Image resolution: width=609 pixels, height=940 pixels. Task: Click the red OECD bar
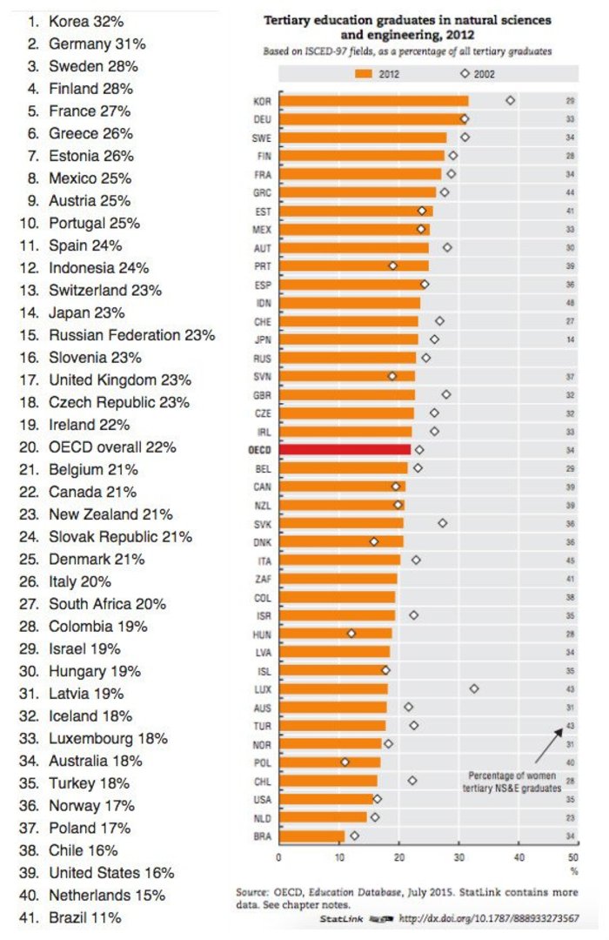[345, 449]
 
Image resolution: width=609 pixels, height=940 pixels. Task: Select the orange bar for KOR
[373, 101]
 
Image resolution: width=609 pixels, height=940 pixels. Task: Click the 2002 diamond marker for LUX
[474, 688]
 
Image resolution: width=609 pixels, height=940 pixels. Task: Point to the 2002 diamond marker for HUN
[351, 633]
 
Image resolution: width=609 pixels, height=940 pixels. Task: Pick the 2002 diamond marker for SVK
[443, 523]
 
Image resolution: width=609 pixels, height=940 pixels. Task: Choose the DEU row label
[260, 118]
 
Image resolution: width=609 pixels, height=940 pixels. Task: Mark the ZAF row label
[262, 578]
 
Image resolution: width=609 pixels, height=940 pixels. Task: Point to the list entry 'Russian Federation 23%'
[131, 335]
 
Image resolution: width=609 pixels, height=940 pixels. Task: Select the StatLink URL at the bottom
[488, 918]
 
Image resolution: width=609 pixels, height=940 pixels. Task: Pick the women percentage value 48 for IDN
[570, 303]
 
